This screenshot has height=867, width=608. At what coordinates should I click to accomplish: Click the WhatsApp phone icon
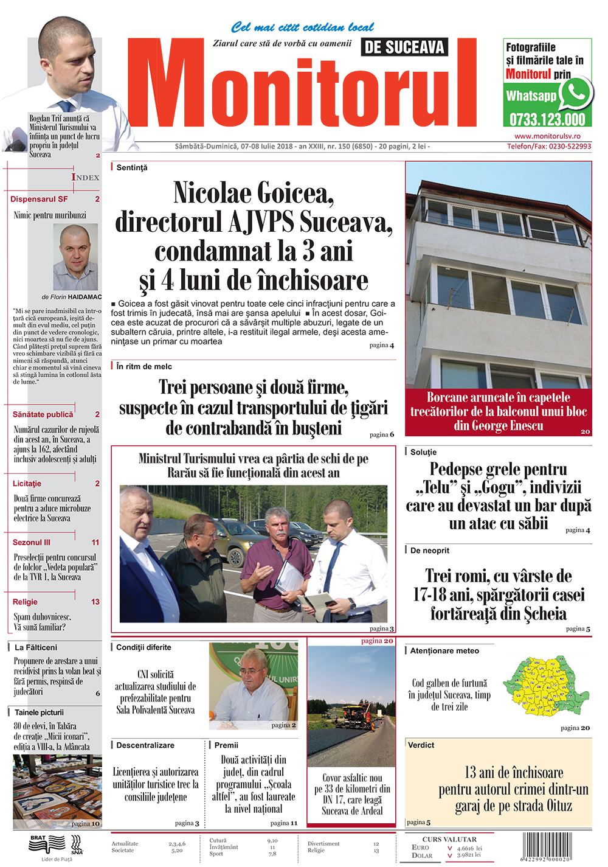pyautogui.click(x=575, y=93)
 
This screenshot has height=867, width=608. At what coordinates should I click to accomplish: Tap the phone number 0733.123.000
pyautogui.click(x=547, y=119)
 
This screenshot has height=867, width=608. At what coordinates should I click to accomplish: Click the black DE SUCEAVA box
pyautogui.click(x=404, y=47)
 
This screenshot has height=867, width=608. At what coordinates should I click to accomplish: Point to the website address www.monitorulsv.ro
pyautogui.click(x=547, y=136)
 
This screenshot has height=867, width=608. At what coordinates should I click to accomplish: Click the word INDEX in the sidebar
pyautogui.click(x=85, y=177)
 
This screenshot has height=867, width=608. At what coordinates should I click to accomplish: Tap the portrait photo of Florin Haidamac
pyautogui.click(x=75, y=257)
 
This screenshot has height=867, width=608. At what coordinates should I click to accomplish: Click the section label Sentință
pyautogui.click(x=132, y=167)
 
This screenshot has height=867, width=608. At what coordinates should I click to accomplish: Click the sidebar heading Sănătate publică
pyautogui.click(x=43, y=414)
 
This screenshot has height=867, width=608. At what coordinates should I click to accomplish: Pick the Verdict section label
pyautogui.click(x=421, y=745)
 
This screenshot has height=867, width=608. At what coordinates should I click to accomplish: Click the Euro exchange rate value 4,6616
pyautogui.click(x=465, y=848)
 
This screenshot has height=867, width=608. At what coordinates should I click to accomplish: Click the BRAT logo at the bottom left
pyautogui.click(x=47, y=843)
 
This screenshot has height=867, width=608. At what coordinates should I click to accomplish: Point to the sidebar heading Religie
pyautogui.click(x=25, y=602)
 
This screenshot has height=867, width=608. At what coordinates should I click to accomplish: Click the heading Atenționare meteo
pyautogui.click(x=444, y=650)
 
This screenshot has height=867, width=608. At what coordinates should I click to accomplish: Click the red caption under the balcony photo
pyautogui.click(x=499, y=411)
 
